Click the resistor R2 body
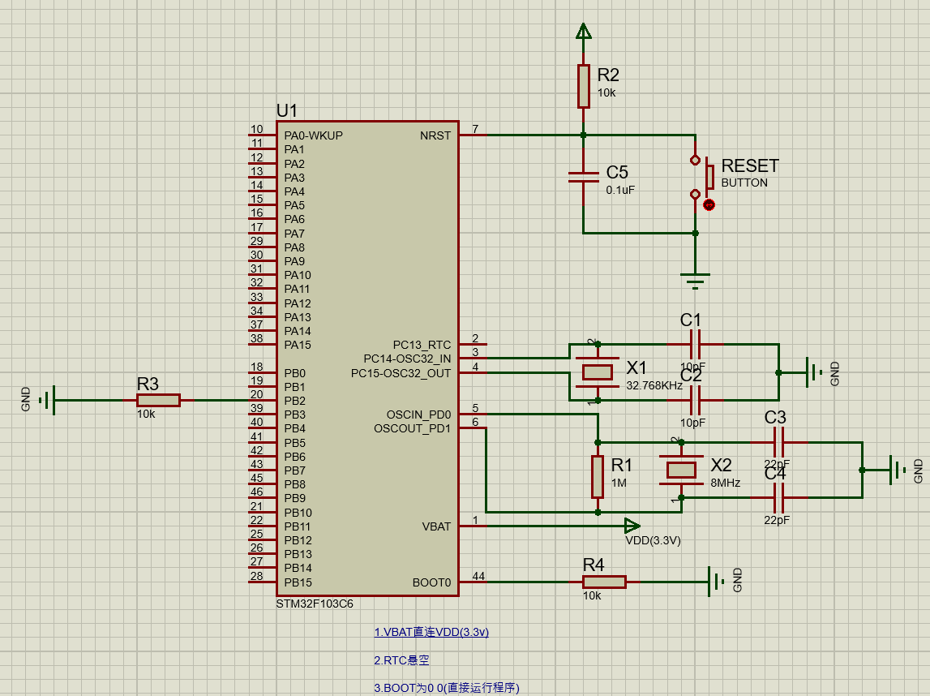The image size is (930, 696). point(583,86)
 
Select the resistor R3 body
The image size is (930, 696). point(158,400)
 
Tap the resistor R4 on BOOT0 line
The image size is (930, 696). point(604,582)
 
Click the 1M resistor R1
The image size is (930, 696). point(598,477)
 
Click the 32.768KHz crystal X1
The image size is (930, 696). point(598,372)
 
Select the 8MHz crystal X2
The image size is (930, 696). point(681,469)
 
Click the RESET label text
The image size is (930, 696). point(749,166)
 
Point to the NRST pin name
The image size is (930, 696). point(435,135)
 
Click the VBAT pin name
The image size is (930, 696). point(436,526)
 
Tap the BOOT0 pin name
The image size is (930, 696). point(431,582)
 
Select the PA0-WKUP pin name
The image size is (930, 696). point(313,135)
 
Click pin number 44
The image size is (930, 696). point(478,577)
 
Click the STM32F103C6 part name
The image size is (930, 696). point(315,604)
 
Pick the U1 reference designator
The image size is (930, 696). point(287,110)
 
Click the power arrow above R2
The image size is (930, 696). point(583,32)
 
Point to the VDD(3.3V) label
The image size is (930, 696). point(653,541)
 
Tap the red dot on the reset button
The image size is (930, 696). point(709,205)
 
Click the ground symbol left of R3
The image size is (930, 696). point(48,400)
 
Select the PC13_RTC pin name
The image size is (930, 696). point(422,345)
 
